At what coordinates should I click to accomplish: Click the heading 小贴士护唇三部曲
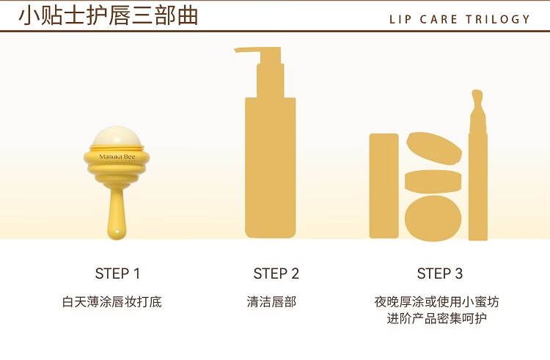tap(109, 16)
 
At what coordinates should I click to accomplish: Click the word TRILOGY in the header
tap(498, 19)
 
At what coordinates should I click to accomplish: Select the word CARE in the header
tap(439, 19)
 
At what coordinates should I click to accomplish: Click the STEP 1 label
tap(117, 273)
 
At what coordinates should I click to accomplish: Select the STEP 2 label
tap(276, 273)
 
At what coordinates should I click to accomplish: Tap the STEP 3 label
tap(440, 273)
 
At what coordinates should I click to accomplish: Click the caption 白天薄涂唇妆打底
tap(112, 302)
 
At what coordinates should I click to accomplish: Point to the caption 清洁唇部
tap(271, 302)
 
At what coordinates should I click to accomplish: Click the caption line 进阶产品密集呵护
tap(437, 319)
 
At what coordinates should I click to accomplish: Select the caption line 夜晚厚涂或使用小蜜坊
tap(437, 302)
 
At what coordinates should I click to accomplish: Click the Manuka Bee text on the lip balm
tap(117, 157)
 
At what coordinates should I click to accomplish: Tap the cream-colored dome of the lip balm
tap(117, 136)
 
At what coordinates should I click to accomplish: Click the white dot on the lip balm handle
tap(117, 232)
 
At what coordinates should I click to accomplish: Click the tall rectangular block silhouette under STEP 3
tap(384, 185)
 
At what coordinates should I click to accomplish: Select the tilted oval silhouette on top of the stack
tap(434, 148)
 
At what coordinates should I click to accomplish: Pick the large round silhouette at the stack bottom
tap(433, 218)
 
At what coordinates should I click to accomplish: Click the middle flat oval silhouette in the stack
tap(433, 182)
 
